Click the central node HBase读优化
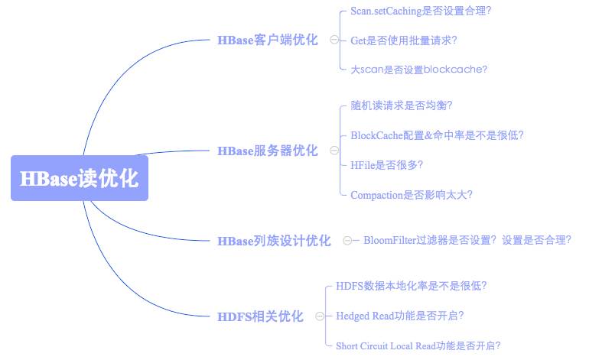pos(80,178)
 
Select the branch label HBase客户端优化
pos(268,40)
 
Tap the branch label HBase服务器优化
pos(268,151)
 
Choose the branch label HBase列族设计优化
pos(274,241)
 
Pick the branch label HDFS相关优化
pos(260,316)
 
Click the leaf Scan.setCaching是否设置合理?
pos(421,11)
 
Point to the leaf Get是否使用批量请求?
pos(403,41)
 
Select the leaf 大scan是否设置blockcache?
pos(419,70)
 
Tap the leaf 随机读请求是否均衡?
pos(401,105)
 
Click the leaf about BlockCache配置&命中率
pos(437,135)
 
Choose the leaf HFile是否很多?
pos(386,165)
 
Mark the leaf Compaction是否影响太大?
pos(412,195)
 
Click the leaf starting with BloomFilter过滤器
pos(467,240)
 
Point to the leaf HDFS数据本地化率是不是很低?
pos(411,286)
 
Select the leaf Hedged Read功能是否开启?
pos(399,316)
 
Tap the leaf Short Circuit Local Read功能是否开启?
pos(418,345)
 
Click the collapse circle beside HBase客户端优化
pos(334,40)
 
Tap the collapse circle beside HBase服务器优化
pos(334,151)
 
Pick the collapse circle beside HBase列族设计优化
pos(347,240)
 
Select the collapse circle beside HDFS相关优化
pos(320,316)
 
